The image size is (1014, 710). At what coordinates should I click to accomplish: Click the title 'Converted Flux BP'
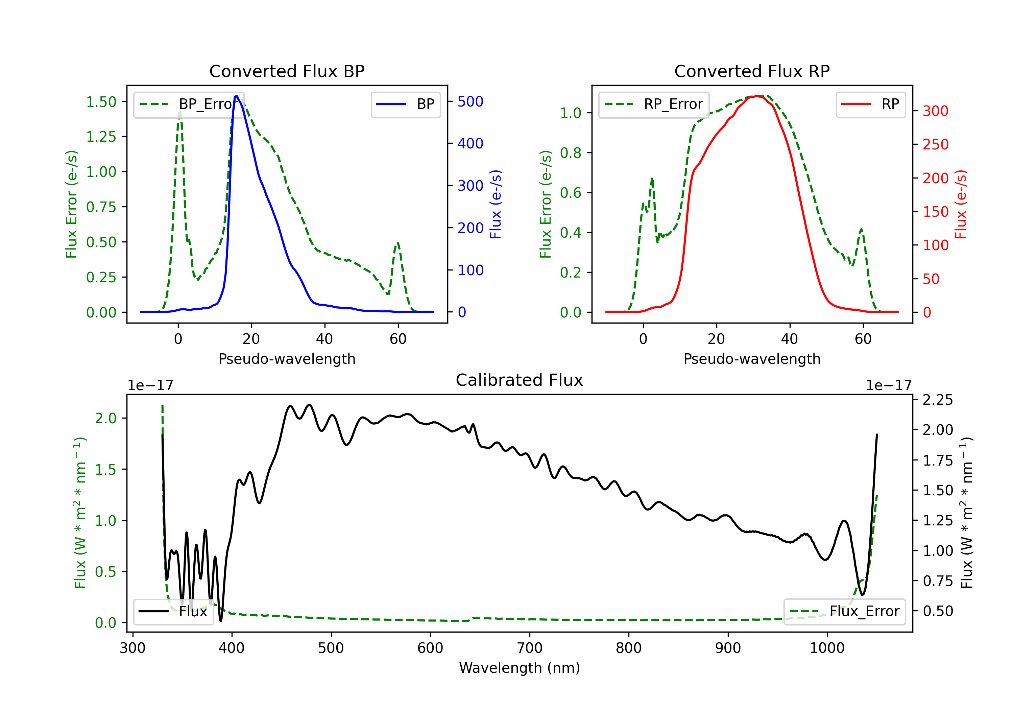(x=287, y=71)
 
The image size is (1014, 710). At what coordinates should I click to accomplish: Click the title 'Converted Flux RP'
(x=752, y=71)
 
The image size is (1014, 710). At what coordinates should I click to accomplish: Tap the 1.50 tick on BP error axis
(x=101, y=102)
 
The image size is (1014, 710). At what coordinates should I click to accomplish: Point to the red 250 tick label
(x=935, y=144)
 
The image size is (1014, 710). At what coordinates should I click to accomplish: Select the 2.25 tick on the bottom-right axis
(x=938, y=400)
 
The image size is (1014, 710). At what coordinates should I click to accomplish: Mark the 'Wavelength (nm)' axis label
(x=520, y=668)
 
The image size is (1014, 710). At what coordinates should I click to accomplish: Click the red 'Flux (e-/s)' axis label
(x=961, y=204)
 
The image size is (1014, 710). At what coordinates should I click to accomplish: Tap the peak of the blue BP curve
(x=237, y=96)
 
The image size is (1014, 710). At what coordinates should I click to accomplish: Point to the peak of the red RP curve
(x=757, y=96)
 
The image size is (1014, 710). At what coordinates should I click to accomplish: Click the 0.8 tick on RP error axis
(x=571, y=153)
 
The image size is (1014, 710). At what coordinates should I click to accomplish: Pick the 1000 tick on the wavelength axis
(x=827, y=648)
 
